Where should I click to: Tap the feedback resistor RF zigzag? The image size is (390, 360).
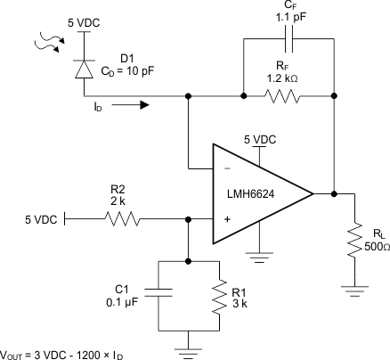coord(288,93)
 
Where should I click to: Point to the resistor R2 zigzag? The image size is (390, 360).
coord(126,217)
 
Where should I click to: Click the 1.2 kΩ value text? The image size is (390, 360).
coord(288,78)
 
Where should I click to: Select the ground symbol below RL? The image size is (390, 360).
coord(356,287)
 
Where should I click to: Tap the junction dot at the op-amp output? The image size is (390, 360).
coord(333,192)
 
